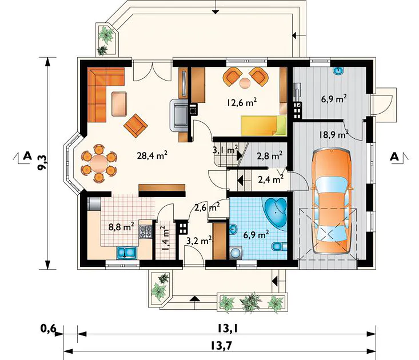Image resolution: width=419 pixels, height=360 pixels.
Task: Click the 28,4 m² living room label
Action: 152,155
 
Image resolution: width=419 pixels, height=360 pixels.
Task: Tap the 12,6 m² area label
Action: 242,102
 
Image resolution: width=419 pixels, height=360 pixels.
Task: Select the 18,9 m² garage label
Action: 334,135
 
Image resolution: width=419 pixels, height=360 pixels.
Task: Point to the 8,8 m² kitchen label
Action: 121,227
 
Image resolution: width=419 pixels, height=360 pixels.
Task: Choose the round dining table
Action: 98,163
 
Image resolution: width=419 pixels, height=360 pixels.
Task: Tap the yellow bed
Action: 264,126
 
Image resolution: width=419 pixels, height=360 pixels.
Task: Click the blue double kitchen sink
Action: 126,253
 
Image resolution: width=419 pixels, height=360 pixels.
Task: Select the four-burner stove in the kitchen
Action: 145,231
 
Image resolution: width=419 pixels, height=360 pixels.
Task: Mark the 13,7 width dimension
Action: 220,346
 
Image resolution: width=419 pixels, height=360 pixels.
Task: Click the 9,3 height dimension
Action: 42,163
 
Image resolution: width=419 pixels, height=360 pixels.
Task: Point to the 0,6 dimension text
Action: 48,328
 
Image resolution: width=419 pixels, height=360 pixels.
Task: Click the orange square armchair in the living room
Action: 135,126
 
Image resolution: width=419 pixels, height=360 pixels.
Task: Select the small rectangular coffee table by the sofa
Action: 119,103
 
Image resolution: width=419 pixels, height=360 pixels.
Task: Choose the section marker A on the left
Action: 27,155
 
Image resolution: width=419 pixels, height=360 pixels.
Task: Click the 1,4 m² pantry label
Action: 165,238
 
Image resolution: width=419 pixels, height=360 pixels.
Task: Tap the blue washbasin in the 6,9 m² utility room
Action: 339,70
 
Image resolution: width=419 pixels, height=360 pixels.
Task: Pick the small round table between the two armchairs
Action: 245,83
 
